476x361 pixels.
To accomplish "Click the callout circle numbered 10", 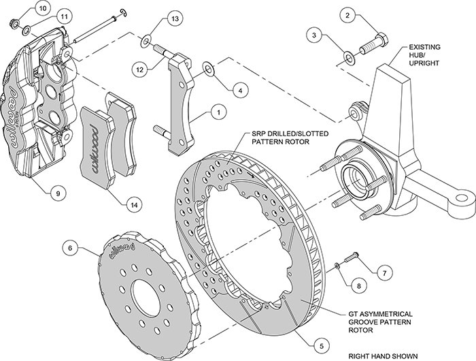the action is tap(43, 8).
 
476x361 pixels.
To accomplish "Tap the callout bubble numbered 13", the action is tap(175, 18).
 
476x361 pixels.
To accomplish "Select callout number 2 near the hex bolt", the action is tap(348, 15).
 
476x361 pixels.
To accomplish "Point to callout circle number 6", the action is tap(71, 248).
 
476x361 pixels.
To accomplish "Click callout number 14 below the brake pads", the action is tap(134, 205).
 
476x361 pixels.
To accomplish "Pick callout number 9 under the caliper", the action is tap(58, 193).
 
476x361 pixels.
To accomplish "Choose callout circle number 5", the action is tap(322, 345).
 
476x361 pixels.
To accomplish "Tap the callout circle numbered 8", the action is tap(359, 286).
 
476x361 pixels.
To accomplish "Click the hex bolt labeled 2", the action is tap(374, 44).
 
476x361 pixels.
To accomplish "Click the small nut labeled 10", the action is tap(14, 22).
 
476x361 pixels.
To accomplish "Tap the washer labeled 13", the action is tap(146, 42).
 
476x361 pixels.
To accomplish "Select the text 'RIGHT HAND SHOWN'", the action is tap(383, 356).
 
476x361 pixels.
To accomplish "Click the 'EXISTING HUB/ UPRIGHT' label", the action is tap(424, 55).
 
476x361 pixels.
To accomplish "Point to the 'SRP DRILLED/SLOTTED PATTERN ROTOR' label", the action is tap(290, 138).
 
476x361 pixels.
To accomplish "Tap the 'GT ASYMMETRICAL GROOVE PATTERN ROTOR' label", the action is tap(380, 321).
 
